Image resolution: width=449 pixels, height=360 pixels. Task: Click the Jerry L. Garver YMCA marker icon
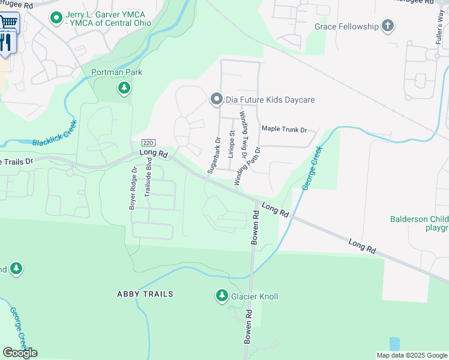point(56,18)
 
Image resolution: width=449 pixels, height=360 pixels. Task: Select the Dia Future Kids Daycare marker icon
point(216,100)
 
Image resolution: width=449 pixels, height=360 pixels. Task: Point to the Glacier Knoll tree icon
point(221,296)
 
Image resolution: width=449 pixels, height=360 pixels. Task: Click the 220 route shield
point(148,143)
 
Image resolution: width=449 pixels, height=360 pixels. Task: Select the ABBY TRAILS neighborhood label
point(145,294)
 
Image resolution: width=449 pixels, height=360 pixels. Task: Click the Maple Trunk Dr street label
point(284,130)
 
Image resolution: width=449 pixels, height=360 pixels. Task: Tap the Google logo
point(20,353)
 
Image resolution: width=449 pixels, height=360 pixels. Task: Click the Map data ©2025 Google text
point(411,355)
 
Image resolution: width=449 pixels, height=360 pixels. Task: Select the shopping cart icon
point(8,22)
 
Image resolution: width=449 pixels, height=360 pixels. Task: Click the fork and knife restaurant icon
point(5,42)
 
